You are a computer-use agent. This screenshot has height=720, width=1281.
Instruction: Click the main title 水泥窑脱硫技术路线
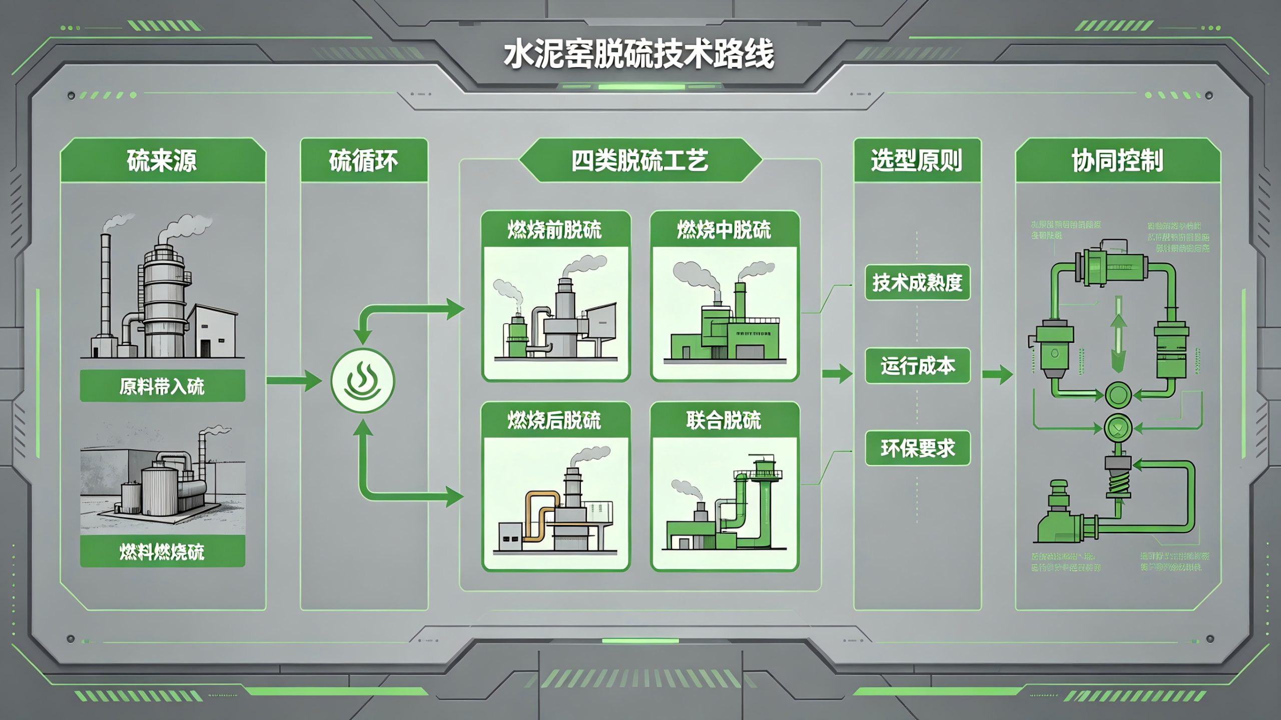[639, 55]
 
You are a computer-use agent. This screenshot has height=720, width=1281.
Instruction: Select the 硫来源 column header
[162, 161]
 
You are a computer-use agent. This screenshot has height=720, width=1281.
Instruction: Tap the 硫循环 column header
[364, 161]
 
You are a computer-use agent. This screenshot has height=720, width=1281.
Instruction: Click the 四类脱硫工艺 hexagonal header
[640, 161]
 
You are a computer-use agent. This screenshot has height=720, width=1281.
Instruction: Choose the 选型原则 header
[917, 161]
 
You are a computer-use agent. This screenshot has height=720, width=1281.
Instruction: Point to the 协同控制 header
[1117, 161]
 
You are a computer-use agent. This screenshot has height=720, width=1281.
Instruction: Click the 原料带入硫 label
[162, 386]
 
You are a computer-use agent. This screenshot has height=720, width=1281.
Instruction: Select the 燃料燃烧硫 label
[162, 551]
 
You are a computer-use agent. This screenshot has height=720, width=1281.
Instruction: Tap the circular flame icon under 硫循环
[363, 381]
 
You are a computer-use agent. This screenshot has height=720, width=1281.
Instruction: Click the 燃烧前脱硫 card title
[555, 230]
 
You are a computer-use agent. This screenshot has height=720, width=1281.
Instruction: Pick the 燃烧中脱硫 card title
[724, 230]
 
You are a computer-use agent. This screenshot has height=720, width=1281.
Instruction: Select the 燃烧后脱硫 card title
[555, 420]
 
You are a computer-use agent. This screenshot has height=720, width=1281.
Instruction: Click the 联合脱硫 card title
[724, 420]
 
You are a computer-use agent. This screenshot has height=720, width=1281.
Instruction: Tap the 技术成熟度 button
[917, 283]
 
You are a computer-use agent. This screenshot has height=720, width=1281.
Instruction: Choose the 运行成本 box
[917, 366]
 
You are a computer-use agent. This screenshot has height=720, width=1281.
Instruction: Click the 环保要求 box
[917, 448]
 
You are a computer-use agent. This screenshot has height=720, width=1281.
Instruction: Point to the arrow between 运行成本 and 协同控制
[997, 374]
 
